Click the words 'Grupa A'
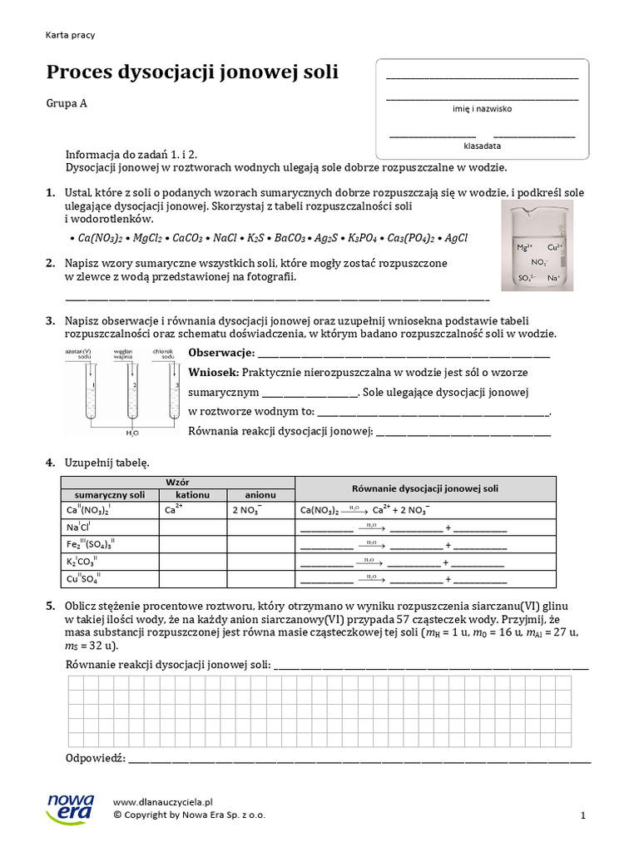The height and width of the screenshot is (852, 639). tap(67, 104)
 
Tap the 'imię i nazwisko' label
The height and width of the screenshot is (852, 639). tap(482, 109)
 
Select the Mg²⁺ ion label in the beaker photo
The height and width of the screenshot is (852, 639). tap(524, 247)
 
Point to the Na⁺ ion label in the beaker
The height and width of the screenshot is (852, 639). tap(554, 278)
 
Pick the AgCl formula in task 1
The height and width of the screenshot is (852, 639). tap(456, 238)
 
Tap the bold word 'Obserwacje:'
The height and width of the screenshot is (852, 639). tap(221, 353)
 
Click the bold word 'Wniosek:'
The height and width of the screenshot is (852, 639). tap(215, 372)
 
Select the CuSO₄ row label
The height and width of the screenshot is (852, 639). tap(82, 579)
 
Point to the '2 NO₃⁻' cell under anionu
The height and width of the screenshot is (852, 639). tap(247, 510)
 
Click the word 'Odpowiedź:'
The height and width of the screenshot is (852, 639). tap(95, 758)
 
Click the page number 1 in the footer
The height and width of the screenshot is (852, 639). tap(583, 816)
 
